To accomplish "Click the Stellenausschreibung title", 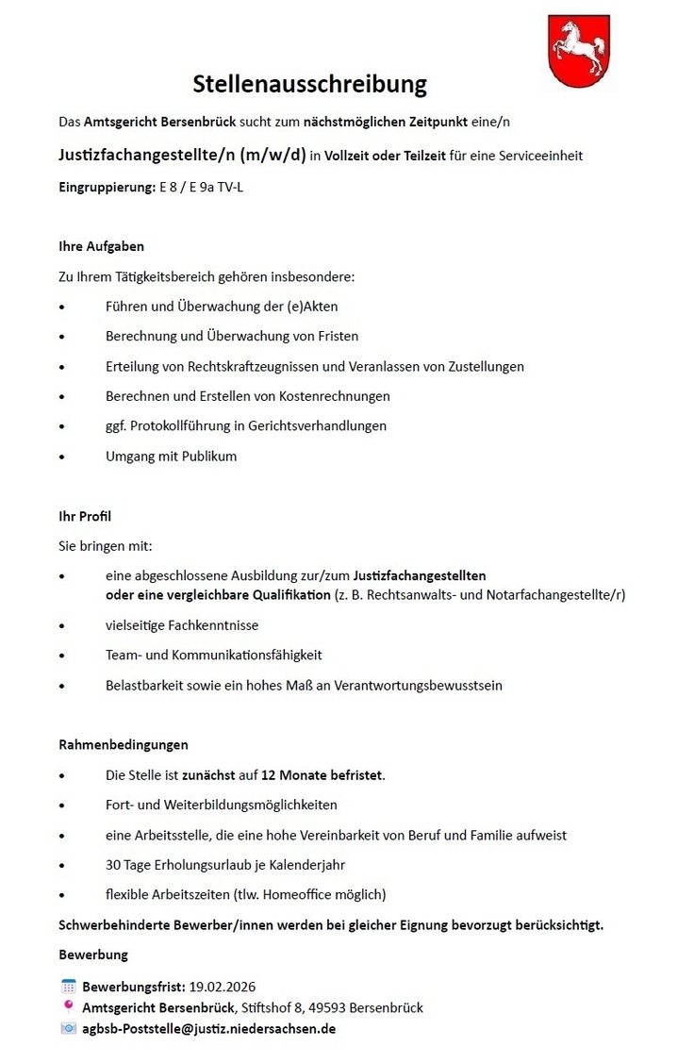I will coord(309,85).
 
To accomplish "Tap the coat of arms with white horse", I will coord(578,51).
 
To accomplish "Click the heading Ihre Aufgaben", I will coord(101,246).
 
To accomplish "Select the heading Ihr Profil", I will coord(85,516).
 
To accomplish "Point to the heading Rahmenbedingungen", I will coord(123,744).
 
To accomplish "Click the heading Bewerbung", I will coord(92,955).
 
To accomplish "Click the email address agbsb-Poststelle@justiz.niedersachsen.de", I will coord(208,1028).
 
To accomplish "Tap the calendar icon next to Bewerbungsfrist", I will coord(68,987).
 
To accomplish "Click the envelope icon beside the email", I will coord(68,1028).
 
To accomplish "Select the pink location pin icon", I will coord(68,1006).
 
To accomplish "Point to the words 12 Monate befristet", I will coord(323,775).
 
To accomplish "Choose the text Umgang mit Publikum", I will coord(171,457).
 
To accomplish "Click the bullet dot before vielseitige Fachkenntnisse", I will coord(62,625).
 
